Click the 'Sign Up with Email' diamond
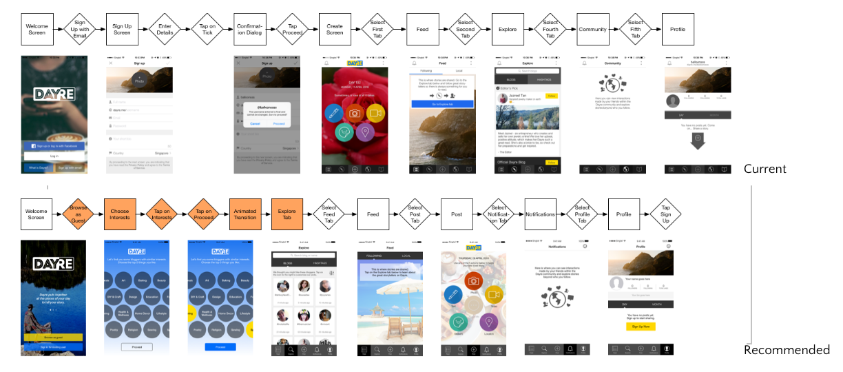point(80,29)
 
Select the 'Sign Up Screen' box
point(122,29)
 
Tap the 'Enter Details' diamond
point(165,29)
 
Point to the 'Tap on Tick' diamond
point(207,29)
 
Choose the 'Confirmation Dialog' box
point(249,29)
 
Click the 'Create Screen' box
point(335,29)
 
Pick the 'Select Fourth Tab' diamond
point(550,29)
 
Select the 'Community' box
point(593,30)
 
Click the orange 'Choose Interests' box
point(120,214)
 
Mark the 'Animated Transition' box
point(244,214)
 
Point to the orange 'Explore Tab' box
point(287,214)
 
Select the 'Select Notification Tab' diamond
point(499,214)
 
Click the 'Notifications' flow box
point(540,214)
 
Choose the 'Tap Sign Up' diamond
point(665,214)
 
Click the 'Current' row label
point(764,169)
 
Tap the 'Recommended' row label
point(787,350)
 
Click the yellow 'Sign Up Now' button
point(641,326)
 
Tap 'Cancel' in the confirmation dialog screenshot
point(255,124)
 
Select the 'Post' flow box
point(457,214)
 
